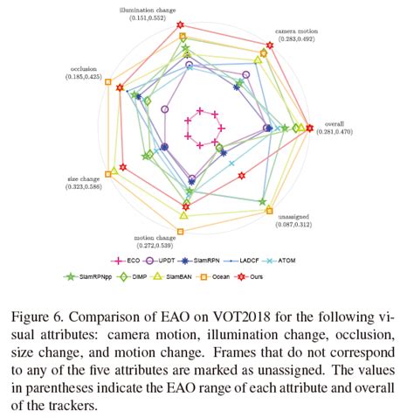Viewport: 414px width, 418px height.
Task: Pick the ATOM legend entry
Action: point(292,260)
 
